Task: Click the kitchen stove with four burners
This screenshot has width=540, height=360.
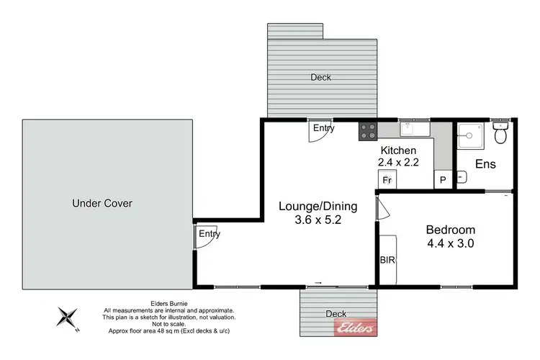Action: point(369,130)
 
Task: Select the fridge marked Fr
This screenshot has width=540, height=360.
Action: point(387,179)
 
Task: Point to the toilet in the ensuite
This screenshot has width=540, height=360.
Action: point(501,132)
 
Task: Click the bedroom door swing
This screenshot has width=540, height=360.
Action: point(382,209)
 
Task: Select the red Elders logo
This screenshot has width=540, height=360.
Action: point(355,328)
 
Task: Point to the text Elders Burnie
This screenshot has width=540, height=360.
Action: point(168,303)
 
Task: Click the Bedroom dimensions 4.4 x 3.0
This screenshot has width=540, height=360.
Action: point(451,243)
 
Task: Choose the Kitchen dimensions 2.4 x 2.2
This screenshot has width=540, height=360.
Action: point(398,162)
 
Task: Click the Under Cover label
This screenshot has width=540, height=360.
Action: point(102,203)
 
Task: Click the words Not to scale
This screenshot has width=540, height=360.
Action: point(168,324)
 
